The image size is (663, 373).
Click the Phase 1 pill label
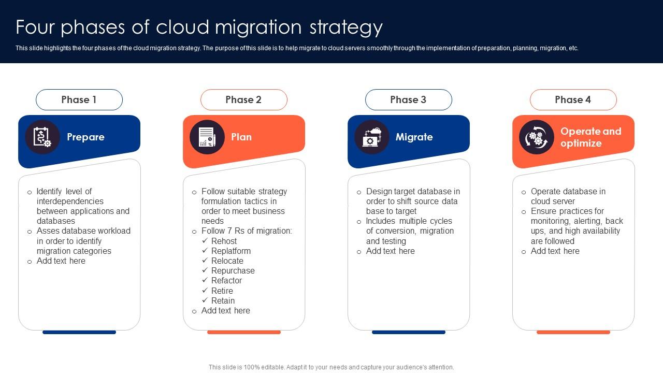click(79, 99)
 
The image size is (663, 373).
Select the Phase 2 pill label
click(243, 99)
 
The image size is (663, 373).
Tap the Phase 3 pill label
click(408, 99)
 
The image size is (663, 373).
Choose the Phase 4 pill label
click(573, 99)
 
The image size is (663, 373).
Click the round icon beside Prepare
click(42, 137)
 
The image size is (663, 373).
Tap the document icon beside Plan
click(207, 137)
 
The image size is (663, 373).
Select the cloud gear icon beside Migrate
click(372, 137)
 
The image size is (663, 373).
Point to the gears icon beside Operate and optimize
click(537, 137)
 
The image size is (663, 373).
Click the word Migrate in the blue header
click(414, 137)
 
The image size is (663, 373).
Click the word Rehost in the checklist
click(224, 241)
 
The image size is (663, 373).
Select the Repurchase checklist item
click(233, 271)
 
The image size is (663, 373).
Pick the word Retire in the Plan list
click(222, 291)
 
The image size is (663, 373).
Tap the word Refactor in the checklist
click(226, 281)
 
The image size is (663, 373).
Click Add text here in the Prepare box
click(61, 261)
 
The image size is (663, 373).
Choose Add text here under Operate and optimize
click(555, 251)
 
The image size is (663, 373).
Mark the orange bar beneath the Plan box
click(244, 332)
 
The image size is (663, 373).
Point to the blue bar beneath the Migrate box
click(409, 332)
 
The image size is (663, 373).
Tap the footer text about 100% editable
click(331, 367)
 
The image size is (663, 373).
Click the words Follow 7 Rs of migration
click(247, 231)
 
